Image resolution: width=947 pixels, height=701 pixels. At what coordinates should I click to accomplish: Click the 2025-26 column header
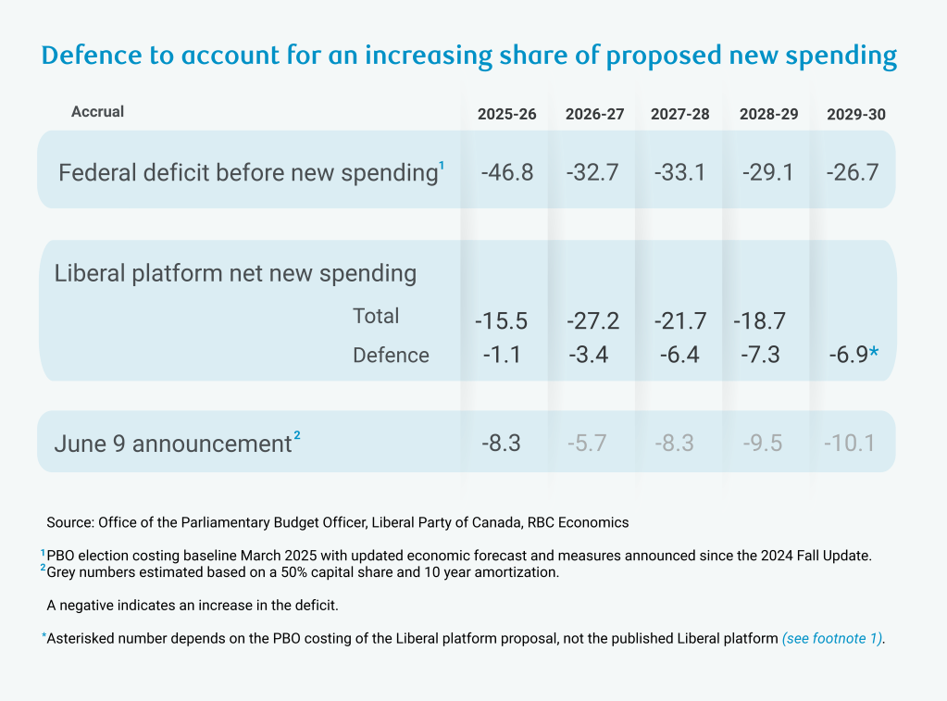pos(506,115)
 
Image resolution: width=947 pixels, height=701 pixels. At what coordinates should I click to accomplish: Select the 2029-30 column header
pos(855,115)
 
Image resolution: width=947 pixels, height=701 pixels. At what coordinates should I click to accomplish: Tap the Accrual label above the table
pos(97,112)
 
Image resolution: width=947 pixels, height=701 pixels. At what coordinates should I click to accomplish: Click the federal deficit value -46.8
pos(507,172)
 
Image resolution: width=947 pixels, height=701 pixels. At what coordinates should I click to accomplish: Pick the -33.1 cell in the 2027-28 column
pos(680,172)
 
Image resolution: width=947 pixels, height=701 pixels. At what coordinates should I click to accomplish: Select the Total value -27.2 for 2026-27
pos(592,321)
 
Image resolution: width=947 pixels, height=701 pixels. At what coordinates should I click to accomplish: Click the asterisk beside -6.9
pos(874,354)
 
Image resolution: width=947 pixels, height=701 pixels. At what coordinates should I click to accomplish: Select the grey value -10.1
pos(849,444)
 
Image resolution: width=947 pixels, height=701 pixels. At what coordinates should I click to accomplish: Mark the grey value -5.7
pos(587,444)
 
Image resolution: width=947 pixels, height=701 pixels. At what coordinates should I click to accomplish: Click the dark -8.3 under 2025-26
pos(501,444)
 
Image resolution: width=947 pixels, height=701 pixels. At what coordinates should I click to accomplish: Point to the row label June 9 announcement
pos(172,444)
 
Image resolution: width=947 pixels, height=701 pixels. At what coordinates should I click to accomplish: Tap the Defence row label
pos(391,356)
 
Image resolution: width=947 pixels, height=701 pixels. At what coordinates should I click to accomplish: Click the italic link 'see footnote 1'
pos(831,638)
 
